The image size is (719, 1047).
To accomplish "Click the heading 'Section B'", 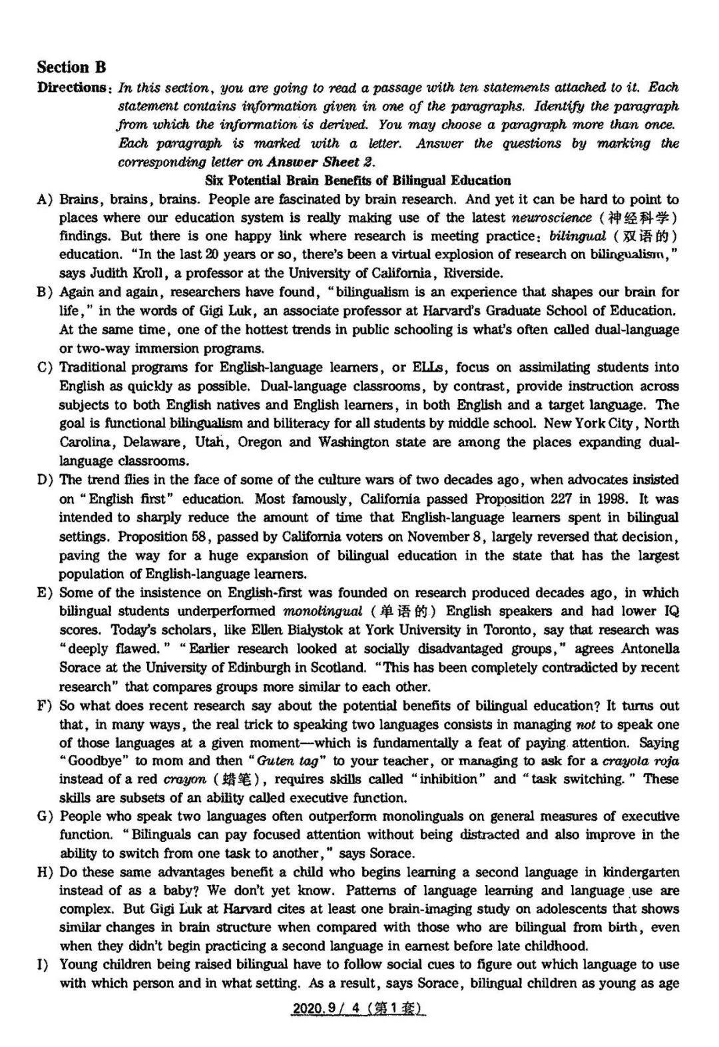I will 71,67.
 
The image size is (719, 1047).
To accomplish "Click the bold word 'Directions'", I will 73,87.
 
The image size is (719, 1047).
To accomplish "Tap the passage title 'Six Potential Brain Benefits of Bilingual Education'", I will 358,180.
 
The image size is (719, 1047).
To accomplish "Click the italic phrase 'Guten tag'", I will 287,761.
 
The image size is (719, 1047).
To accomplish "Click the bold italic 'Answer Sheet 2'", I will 320,162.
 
